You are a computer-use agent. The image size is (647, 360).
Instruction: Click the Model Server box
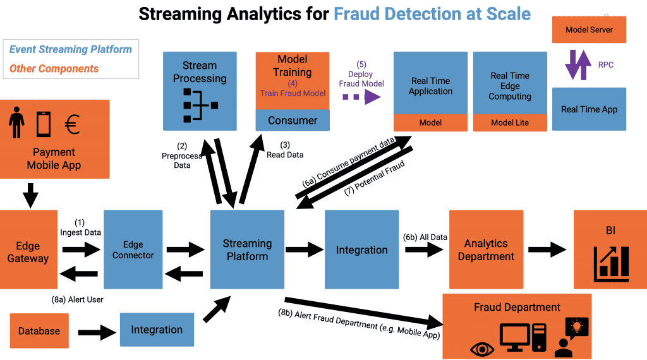point(589,30)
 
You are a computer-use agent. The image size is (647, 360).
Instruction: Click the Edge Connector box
point(133,249)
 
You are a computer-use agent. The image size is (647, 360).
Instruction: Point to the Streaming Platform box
point(247,249)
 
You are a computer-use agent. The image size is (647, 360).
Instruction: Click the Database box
point(39,331)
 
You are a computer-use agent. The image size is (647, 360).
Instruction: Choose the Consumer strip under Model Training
point(293,121)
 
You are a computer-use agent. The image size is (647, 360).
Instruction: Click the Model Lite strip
point(510,123)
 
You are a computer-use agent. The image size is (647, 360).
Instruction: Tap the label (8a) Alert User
point(77,299)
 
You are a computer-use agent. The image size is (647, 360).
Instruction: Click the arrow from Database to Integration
point(94,330)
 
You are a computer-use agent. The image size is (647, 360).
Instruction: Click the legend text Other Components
point(54,68)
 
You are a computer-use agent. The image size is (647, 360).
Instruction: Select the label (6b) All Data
point(425,237)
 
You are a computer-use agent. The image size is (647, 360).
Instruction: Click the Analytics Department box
point(486,249)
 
